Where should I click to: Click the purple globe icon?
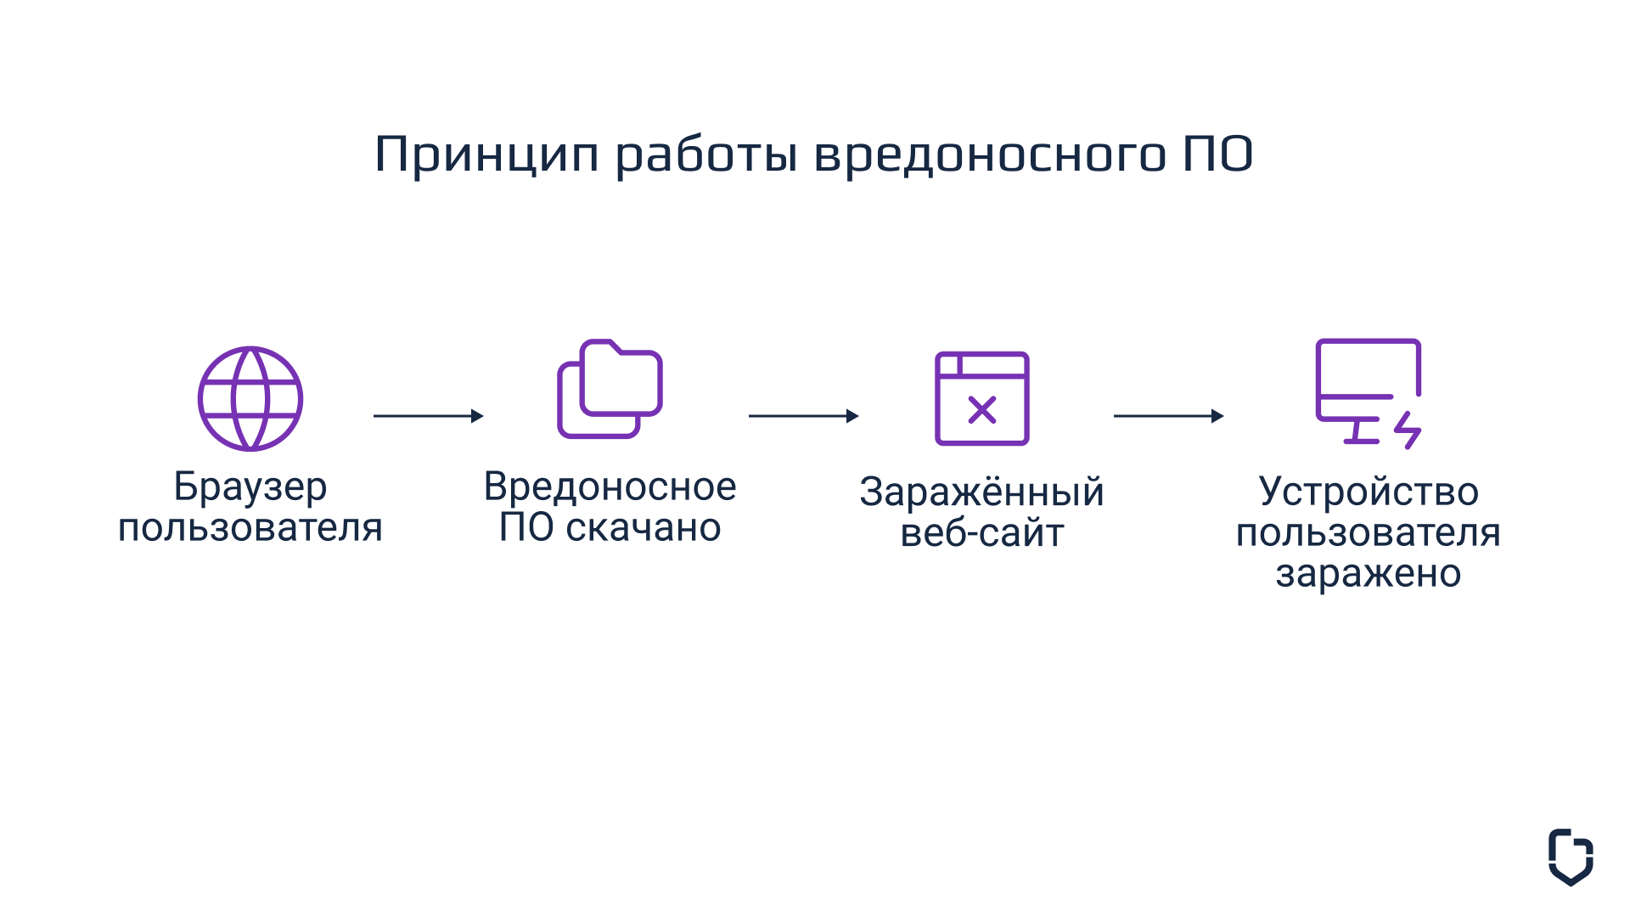point(250,398)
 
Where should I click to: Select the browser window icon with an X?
point(982,398)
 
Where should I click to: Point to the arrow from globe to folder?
point(429,416)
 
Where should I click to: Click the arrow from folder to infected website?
point(804,416)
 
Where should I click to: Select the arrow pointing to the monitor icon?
point(1169,416)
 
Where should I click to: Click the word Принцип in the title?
point(487,155)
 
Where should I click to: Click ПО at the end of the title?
point(1218,154)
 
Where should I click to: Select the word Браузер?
point(250,487)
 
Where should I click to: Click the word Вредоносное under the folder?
point(610,487)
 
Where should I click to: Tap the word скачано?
point(644,528)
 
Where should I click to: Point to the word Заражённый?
point(982,492)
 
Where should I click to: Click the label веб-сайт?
point(982,532)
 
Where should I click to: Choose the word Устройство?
point(1369,492)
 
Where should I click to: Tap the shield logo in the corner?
point(1571,858)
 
